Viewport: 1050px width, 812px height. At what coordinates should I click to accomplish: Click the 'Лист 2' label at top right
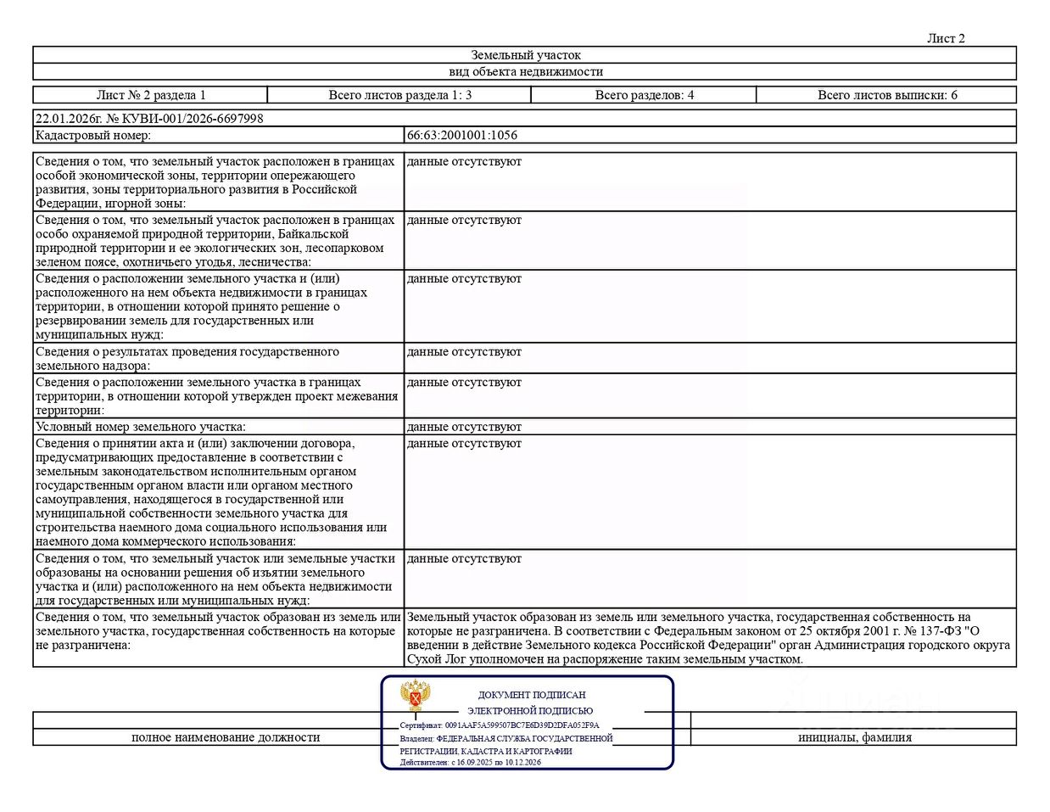(x=946, y=38)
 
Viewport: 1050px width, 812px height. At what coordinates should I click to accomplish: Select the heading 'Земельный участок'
(x=526, y=55)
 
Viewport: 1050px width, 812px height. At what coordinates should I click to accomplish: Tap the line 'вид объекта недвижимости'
(x=526, y=72)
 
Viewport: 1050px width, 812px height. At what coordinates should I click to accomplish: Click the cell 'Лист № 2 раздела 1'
(x=151, y=95)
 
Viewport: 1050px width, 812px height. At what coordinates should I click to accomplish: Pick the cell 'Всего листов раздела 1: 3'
(x=399, y=95)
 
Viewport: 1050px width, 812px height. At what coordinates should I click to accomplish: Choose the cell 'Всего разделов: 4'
(x=644, y=95)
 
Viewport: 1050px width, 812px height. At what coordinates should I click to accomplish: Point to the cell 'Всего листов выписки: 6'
(x=887, y=95)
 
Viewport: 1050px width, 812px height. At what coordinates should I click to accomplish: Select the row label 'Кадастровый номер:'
(x=93, y=135)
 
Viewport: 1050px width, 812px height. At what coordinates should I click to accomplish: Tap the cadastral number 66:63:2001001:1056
(x=462, y=135)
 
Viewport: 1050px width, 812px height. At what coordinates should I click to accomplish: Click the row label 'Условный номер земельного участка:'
(x=141, y=427)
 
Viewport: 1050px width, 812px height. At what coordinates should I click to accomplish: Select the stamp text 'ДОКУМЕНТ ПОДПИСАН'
(x=532, y=695)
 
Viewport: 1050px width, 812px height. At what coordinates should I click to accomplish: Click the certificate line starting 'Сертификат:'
(x=500, y=725)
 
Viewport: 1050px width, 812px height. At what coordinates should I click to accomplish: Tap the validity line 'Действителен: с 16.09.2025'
(x=471, y=762)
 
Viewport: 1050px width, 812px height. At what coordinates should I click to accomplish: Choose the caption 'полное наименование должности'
(x=226, y=737)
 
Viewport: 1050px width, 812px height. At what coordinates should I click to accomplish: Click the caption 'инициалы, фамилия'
(x=855, y=737)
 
